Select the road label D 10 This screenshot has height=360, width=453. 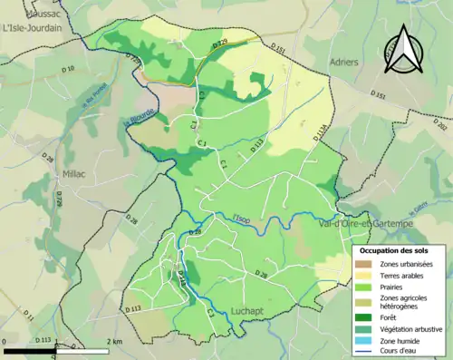[x=69, y=69]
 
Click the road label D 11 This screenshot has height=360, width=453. [x=28, y=315]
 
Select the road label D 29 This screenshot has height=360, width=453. [x=218, y=44]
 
